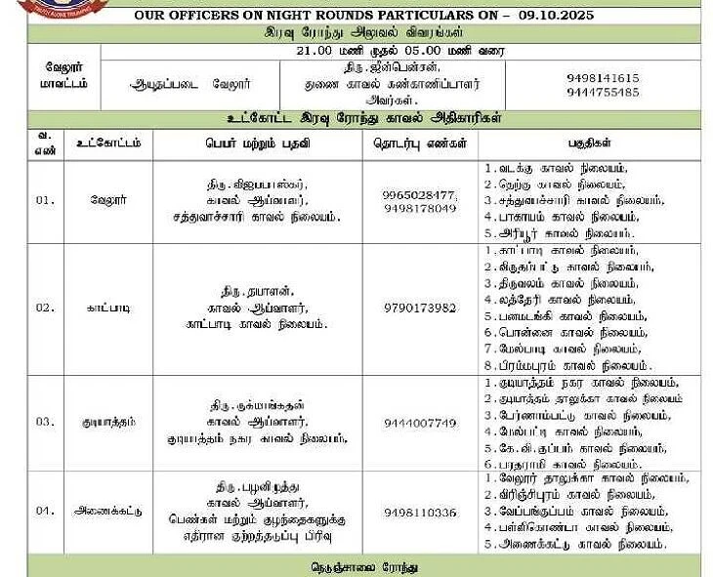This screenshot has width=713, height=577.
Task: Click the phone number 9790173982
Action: pyautogui.click(x=420, y=309)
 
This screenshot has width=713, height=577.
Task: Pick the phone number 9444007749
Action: pyautogui.click(x=420, y=423)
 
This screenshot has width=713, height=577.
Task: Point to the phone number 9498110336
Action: pyautogui.click(x=420, y=513)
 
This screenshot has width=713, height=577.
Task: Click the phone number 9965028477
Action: pyautogui.click(x=420, y=194)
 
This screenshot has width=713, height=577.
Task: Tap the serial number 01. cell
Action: pyautogui.click(x=46, y=200)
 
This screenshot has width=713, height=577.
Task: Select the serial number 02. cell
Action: pyautogui.click(x=46, y=309)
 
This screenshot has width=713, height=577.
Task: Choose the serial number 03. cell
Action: pyautogui.click(x=46, y=423)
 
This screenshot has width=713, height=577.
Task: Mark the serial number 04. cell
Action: pyautogui.click(x=46, y=512)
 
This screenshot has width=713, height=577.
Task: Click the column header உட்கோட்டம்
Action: pyautogui.click(x=107, y=144)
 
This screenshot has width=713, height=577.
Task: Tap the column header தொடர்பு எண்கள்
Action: pyautogui.click(x=420, y=144)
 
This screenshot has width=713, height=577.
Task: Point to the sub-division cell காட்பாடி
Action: pyautogui.click(x=107, y=309)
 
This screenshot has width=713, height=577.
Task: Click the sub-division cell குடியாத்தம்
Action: pyautogui.click(x=107, y=423)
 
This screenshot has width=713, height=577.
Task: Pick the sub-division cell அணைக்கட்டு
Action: pyautogui.click(x=107, y=512)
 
